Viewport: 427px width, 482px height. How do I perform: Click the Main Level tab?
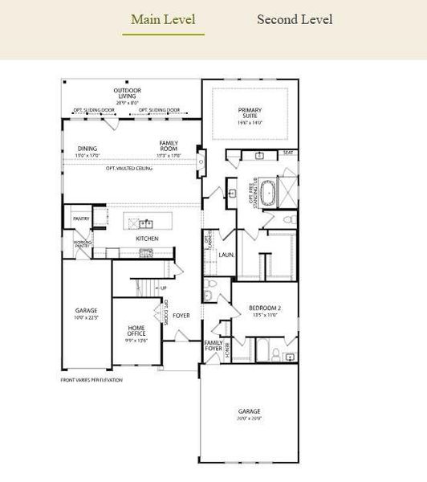[163, 19]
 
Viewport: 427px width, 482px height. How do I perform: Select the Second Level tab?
[295, 19]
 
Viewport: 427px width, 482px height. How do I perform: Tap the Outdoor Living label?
[127, 93]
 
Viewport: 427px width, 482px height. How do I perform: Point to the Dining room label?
[87, 149]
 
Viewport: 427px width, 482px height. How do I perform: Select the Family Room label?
[169, 146]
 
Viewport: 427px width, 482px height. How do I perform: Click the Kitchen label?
[147, 239]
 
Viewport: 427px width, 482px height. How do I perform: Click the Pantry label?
[80, 218]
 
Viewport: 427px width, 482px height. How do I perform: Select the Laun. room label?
[226, 255]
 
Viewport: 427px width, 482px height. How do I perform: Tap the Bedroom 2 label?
[265, 308]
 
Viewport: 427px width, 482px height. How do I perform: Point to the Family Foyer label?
[213, 345]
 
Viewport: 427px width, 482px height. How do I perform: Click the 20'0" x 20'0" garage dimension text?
[249, 419]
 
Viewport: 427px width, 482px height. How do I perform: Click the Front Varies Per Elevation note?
[92, 379]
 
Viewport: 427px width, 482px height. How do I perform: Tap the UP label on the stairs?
[164, 288]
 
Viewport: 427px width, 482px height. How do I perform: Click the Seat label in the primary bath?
[288, 153]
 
